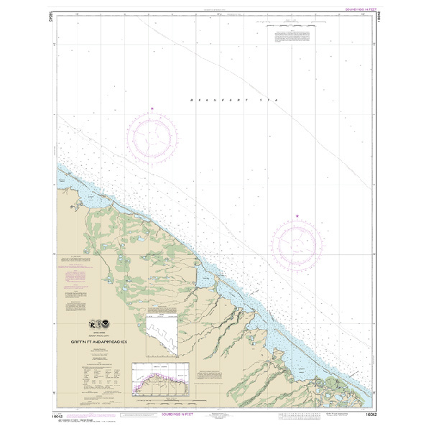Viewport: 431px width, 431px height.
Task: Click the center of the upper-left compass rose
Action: coord(152,134)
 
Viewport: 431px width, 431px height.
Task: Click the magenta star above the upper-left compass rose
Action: coord(152,108)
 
